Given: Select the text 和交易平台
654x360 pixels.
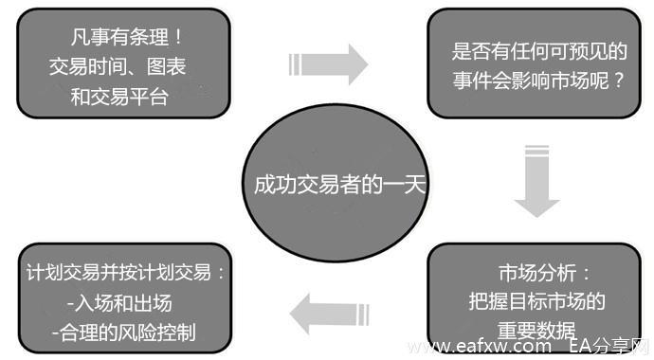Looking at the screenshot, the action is (x=119, y=96).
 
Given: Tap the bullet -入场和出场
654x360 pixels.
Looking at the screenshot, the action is (x=115, y=303).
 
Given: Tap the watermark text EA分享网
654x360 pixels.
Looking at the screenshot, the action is (x=612, y=347).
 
